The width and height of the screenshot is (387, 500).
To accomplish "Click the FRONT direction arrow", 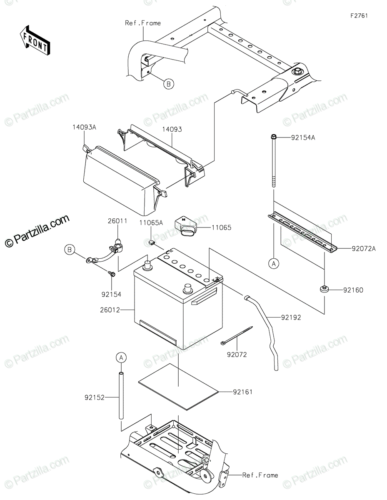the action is (x=35, y=41).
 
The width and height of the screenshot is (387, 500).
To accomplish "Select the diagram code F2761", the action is (x=359, y=16).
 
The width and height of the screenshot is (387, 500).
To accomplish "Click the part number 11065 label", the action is (x=221, y=228).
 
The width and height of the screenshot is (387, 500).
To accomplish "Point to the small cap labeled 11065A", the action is (x=152, y=242).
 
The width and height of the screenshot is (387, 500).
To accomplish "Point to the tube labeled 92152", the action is (x=121, y=396).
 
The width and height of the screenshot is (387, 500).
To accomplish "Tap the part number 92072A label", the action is (x=364, y=249).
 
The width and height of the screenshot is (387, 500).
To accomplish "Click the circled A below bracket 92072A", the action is (x=274, y=263).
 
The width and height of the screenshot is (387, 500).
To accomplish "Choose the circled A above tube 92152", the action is (x=121, y=357).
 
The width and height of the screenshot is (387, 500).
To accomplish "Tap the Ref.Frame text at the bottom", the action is (x=260, y=475).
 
